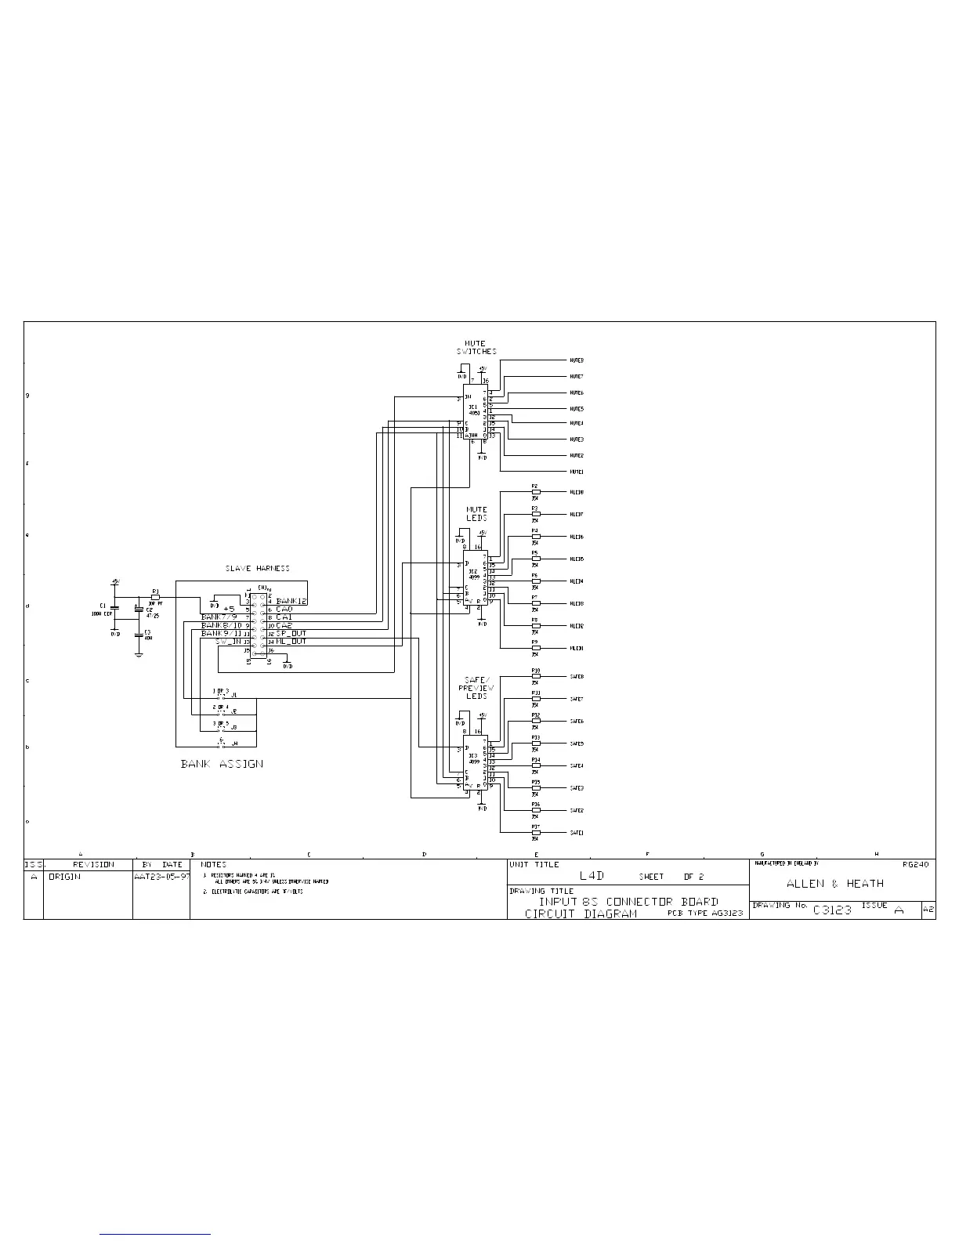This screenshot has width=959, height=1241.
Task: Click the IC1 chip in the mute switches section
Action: coord(474,412)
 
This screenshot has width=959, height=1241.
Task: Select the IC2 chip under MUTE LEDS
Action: coord(475,579)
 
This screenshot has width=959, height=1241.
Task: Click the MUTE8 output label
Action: coord(576,360)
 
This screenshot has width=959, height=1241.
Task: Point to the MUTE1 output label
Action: coord(576,472)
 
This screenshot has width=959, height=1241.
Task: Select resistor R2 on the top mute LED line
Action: coord(535,492)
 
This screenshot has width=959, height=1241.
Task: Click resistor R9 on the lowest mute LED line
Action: coord(535,648)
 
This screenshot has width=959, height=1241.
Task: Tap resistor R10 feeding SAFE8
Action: coord(535,676)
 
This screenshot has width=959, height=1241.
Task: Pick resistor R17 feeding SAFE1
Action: coord(535,833)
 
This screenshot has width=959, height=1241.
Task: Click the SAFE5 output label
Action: coord(577,744)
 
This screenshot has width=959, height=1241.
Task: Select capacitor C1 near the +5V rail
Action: coord(114,607)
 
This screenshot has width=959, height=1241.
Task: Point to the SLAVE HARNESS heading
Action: coord(258,569)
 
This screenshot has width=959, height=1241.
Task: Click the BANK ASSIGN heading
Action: coord(222,764)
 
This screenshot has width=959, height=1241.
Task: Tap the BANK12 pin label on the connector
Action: coord(291,601)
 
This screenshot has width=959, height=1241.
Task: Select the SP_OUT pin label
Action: coord(291,633)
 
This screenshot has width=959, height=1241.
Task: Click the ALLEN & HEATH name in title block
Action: coord(835,884)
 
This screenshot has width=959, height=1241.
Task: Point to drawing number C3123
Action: coord(832,910)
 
